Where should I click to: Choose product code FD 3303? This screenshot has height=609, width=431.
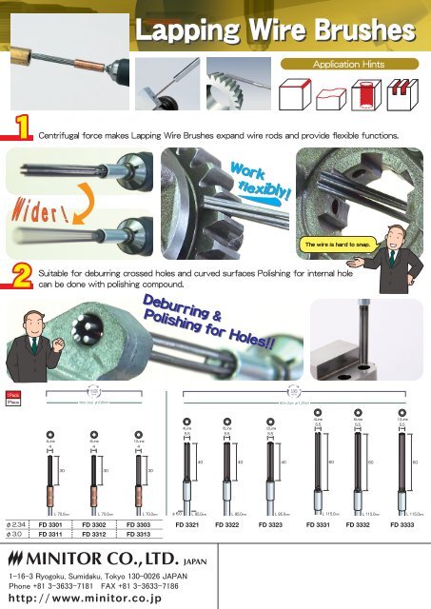(147, 524)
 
